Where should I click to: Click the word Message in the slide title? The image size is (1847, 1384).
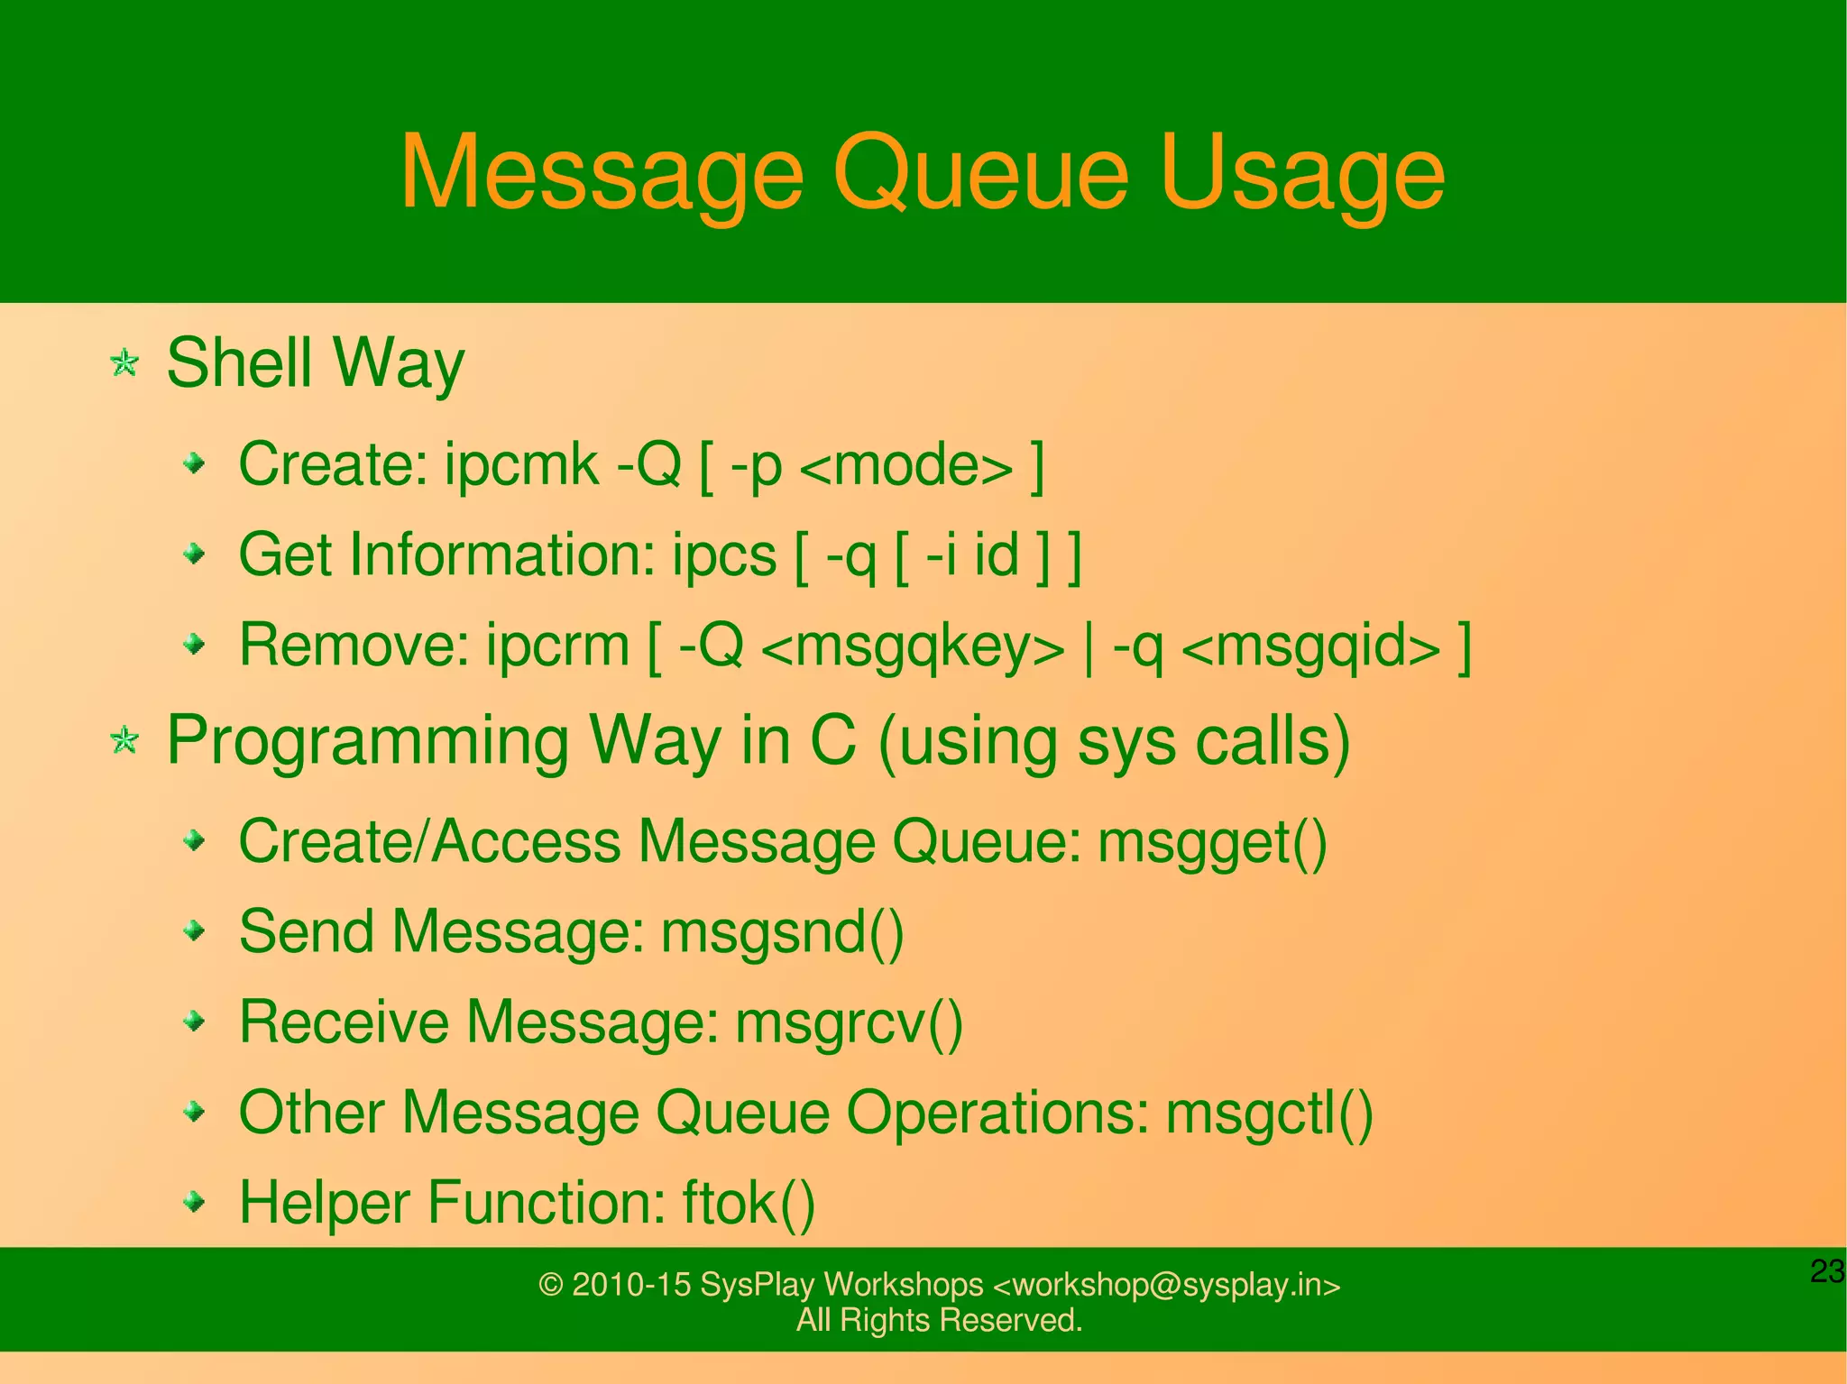point(602,173)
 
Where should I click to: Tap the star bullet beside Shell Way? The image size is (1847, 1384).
point(124,364)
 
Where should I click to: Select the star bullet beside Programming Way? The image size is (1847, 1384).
point(124,741)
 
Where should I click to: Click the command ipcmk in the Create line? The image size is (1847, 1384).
point(521,464)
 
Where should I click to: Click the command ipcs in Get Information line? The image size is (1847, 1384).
point(724,555)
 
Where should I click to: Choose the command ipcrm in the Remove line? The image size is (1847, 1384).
point(557,646)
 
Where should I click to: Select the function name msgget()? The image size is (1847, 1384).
point(1212,843)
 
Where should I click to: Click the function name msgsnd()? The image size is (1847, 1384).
point(783,932)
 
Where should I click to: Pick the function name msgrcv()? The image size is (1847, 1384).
point(850,1023)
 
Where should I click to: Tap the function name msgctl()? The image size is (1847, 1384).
point(1269,1114)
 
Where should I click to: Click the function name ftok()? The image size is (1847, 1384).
point(749,1204)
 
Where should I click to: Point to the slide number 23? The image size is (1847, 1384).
point(1826,1271)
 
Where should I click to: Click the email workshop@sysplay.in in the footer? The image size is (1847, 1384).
point(1166,1285)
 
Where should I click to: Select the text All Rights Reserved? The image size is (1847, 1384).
point(939,1320)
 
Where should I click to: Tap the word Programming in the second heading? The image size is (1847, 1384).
point(368,741)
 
